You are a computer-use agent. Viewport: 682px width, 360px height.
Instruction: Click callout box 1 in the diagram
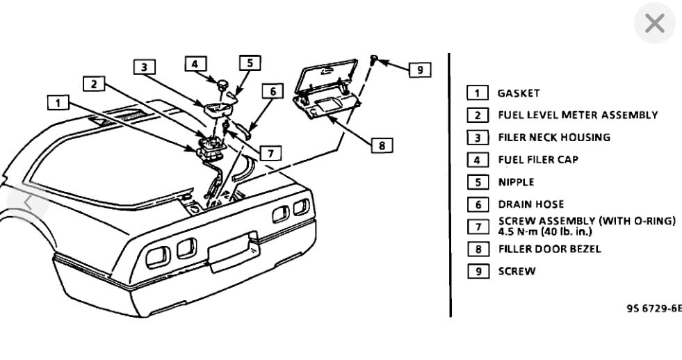(x=58, y=103)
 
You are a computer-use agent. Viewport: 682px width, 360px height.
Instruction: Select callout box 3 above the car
(x=144, y=67)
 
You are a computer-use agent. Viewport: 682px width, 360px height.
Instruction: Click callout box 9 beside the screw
(x=419, y=69)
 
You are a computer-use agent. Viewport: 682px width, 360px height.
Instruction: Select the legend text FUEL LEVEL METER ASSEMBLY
(x=577, y=115)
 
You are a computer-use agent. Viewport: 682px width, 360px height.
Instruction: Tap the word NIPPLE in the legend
(x=516, y=181)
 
